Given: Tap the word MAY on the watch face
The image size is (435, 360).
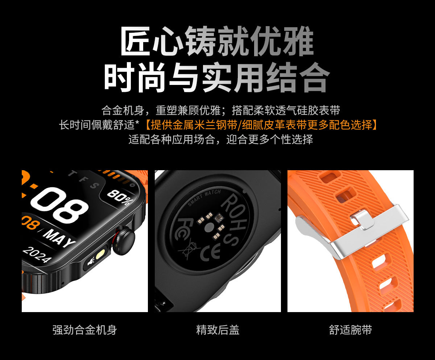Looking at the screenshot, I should coord(60,237).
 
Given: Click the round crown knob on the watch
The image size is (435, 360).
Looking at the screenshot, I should coord(124,239).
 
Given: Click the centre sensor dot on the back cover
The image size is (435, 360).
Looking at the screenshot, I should coord(208,228).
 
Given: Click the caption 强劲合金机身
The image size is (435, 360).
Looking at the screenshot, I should coord(84,330).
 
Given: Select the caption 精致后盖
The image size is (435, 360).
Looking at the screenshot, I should coord(217,330).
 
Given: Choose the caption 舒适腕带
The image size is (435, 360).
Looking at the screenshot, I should coord(350,330).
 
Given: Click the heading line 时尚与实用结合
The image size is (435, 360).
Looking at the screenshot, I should coord(217,77).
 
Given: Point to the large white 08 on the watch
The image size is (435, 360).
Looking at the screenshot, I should coord(60,205).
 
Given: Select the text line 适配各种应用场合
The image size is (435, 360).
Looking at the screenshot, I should coord(221,139).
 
